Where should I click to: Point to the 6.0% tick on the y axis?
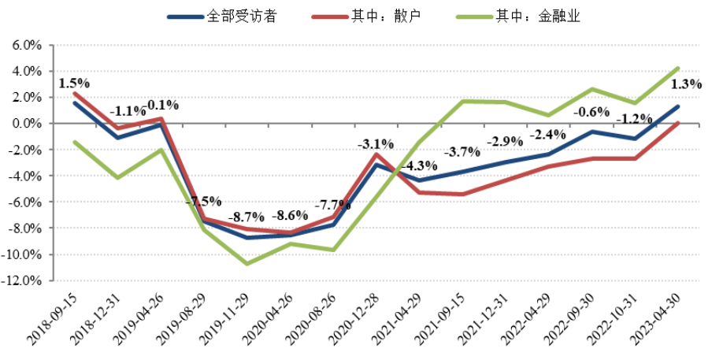pyautogui.click(x=27, y=46)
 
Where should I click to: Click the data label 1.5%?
pyautogui.click(x=74, y=82)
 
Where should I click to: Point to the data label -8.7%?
pyautogui.click(x=247, y=216)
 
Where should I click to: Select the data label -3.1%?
pyautogui.click(x=375, y=144)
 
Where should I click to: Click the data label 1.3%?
pyautogui.click(x=685, y=85)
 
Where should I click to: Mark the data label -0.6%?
pyautogui.click(x=591, y=111)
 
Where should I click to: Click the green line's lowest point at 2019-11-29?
pyautogui.click(x=247, y=263)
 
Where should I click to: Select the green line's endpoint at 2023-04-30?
pyautogui.click(x=677, y=69)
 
